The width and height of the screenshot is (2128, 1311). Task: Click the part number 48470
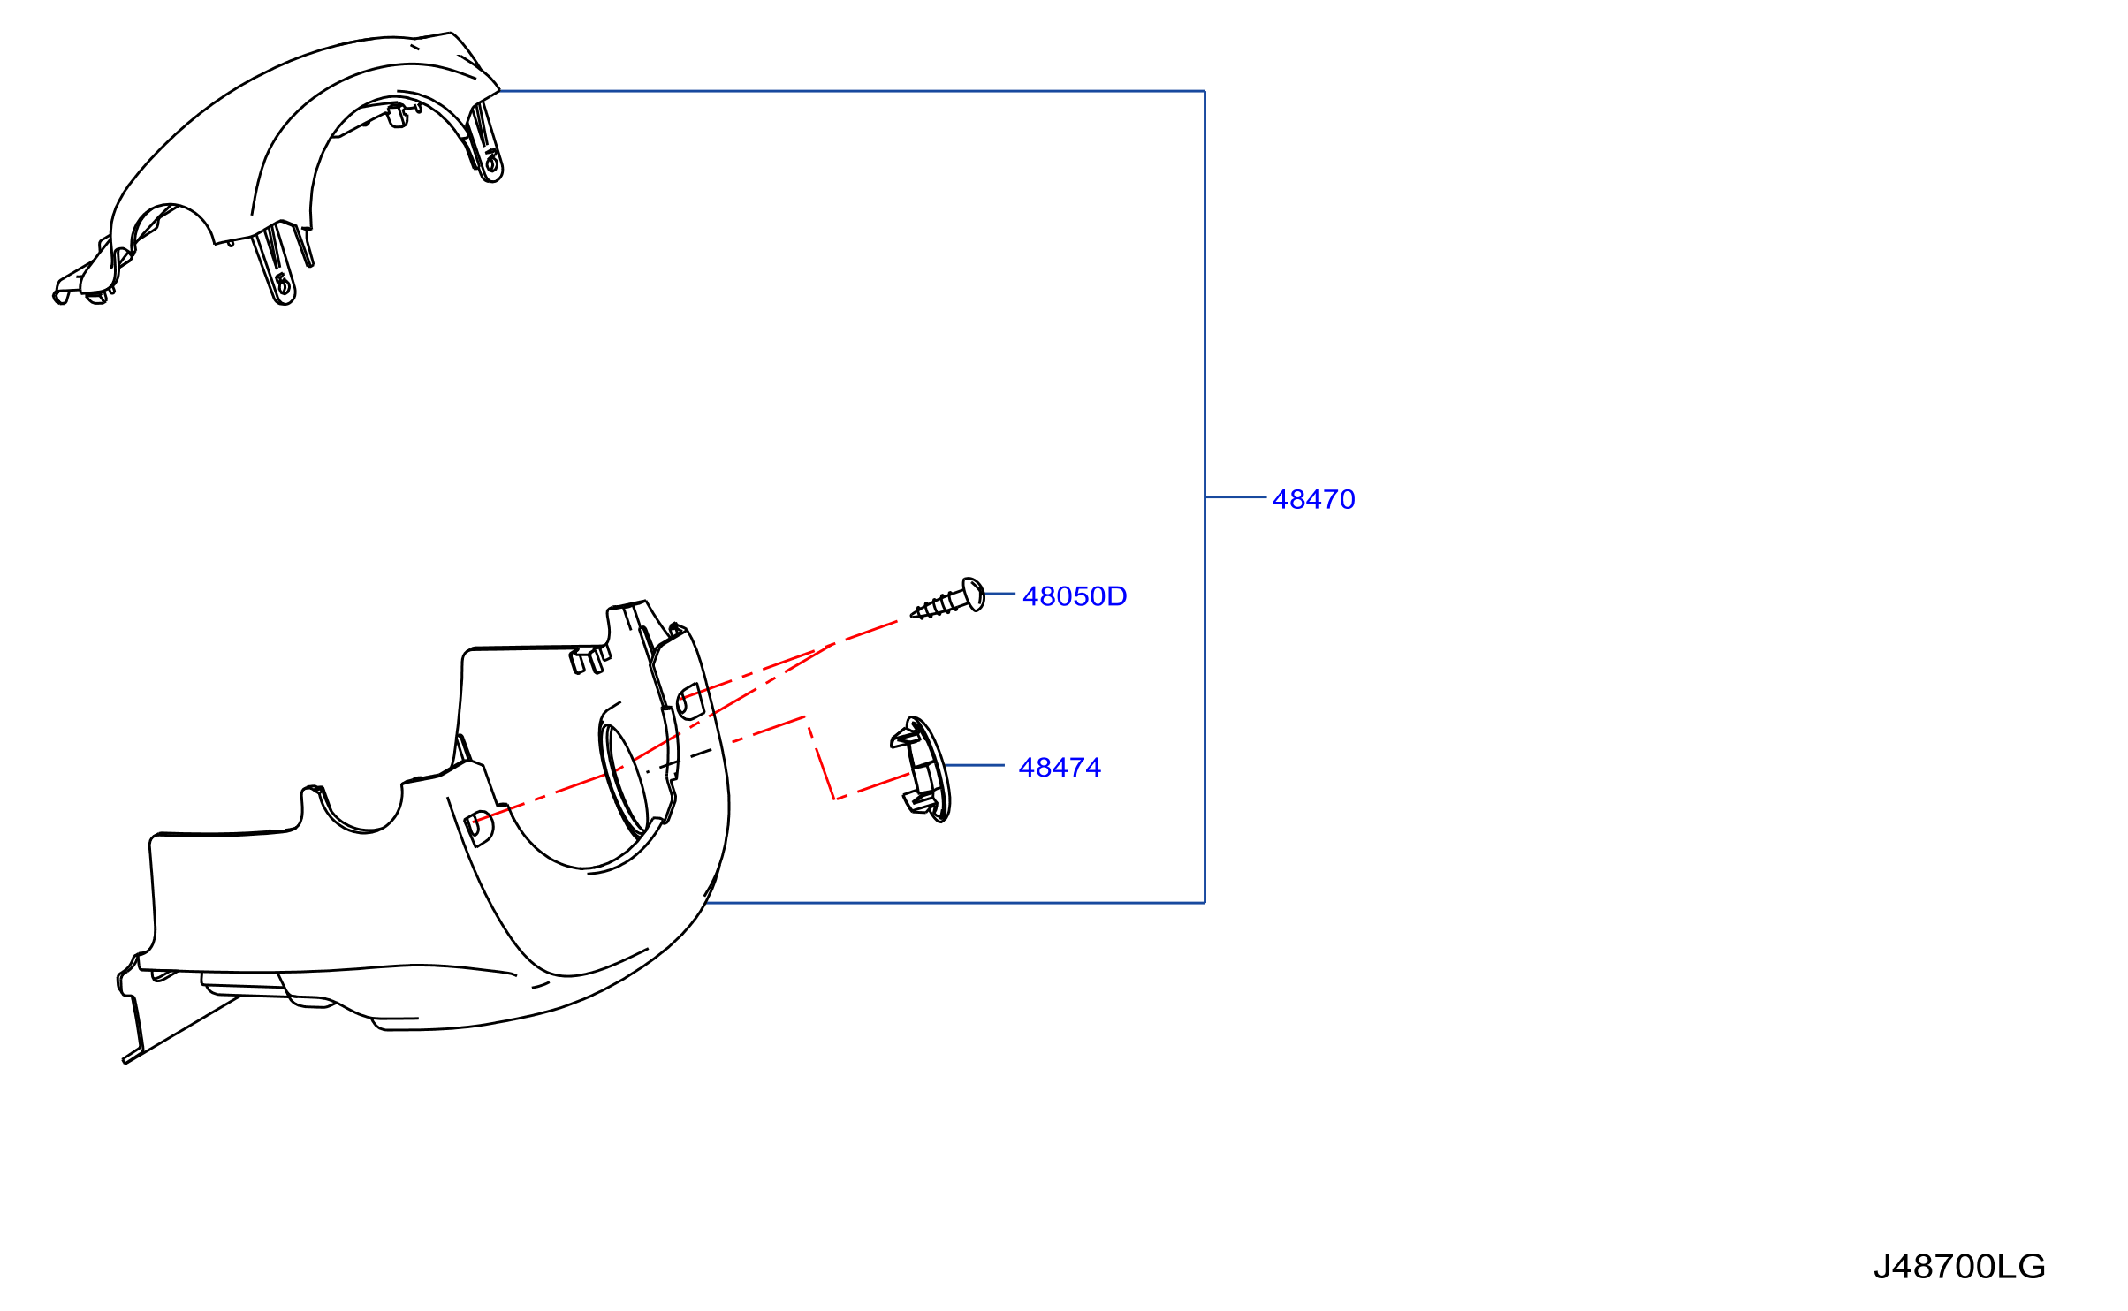(1312, 500)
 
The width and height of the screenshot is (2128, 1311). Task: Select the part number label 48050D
(1074, 597)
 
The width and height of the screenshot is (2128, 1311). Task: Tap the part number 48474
(1059, 768)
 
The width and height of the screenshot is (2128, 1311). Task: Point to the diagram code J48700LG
(1958, 1267)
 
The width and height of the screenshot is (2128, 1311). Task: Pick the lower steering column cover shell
(424, 883)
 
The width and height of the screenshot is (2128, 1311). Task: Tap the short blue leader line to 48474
(974, 766)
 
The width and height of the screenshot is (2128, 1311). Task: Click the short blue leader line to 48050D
(999, 595)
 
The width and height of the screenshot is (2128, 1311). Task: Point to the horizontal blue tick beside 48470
(1235, 497)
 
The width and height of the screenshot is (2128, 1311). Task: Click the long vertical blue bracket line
(1205, 496)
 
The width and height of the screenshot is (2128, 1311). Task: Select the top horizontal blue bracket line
(852, 91)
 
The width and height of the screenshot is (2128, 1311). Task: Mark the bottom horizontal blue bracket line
(955, 903)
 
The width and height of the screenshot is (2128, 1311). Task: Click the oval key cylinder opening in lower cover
(624, 781)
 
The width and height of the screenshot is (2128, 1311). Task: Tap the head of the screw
(973, 595)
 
